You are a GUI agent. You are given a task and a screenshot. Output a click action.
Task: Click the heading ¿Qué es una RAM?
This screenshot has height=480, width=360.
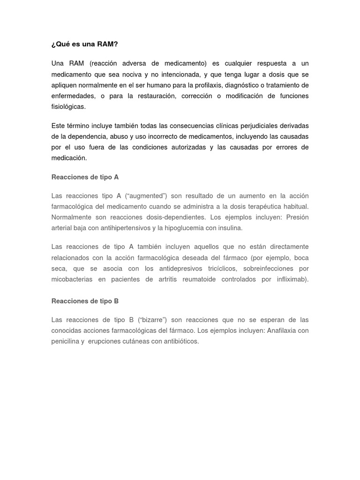(x=84, y=45)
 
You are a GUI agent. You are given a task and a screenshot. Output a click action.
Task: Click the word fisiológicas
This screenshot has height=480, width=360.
(x=68, y=107)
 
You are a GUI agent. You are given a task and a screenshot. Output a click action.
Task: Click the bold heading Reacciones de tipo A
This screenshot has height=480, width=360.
(x=85, y=177)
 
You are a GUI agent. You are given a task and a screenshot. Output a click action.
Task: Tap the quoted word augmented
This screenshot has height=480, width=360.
(x=147, y=195)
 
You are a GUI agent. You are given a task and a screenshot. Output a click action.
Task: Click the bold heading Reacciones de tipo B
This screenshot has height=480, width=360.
(x=85, y=301)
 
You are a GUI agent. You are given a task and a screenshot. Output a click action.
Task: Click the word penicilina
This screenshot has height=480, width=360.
(x=66, y=341)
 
